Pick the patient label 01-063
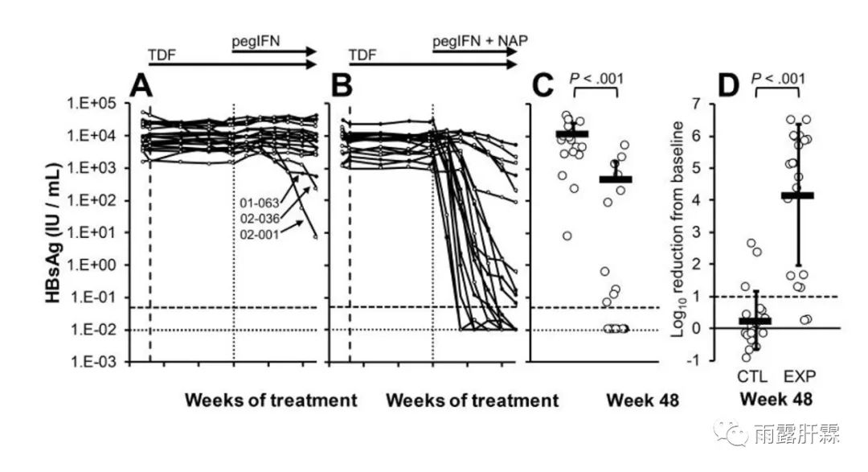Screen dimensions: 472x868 [x=260, y=203]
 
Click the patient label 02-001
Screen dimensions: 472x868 [x=260, y=233]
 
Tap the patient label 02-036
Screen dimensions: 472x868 [x=260, y=218]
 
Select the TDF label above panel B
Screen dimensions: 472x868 [x=362, y=56]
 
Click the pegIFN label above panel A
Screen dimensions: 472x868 [x=259, y=41]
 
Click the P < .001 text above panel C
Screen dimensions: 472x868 [x=596, y=79]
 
